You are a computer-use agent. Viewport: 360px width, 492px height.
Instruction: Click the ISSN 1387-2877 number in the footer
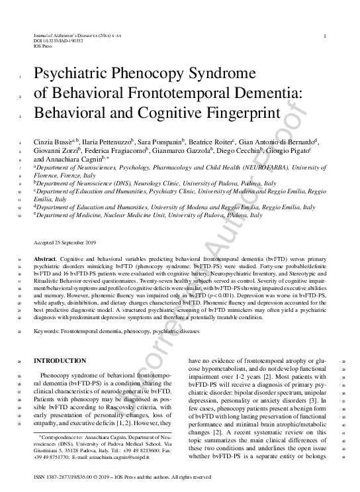pos(59,477)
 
